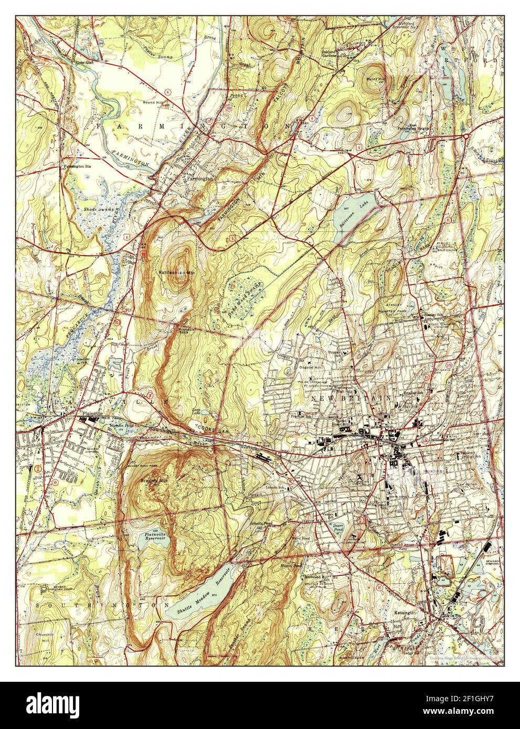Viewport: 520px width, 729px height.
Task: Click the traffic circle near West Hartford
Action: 466,137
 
